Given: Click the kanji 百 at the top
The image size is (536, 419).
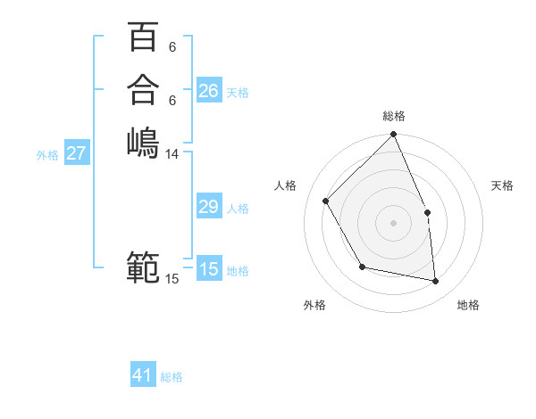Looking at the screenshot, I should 143,37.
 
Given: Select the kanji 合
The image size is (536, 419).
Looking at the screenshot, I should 143,90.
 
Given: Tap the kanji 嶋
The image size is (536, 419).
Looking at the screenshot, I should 143,143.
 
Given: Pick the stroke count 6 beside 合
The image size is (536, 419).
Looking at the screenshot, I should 172,100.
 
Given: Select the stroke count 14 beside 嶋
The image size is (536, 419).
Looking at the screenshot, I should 172,154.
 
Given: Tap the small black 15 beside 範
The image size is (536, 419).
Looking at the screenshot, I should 172,279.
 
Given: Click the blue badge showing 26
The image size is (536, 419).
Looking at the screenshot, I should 209,91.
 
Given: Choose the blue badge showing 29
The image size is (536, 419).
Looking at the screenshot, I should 209,207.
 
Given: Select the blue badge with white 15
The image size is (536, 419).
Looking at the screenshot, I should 209,269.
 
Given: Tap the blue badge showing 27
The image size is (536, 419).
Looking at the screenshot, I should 77,153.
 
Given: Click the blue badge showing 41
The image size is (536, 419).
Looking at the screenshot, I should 143,375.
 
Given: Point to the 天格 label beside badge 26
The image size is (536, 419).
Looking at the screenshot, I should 238,93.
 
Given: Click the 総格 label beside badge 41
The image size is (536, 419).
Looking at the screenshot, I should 172,377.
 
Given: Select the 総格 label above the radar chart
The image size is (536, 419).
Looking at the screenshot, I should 394,116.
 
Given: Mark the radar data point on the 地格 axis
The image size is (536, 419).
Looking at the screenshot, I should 436,281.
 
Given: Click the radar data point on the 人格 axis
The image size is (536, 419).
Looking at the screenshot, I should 326,201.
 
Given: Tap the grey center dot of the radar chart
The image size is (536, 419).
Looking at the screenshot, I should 394,222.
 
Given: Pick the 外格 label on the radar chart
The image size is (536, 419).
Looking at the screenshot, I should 314,305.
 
